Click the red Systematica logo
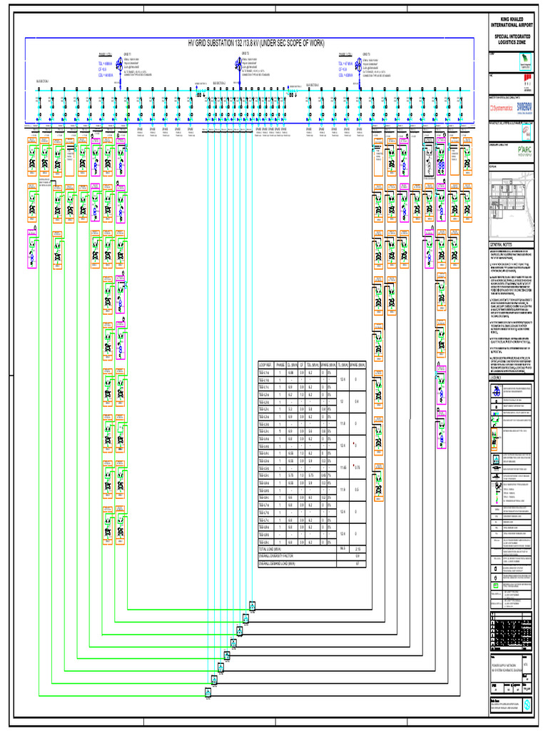pyautogui.click(x=501, y=108)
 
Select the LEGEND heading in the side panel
pyautogui.click(x=499, y=378)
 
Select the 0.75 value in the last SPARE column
pyautogui.click(x=357, y=468)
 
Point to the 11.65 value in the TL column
pyautogui.click(x=343, y=468)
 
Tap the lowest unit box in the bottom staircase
pyautogui.click(x=208, y=692)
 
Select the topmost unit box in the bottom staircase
pyautogui.click(x=252, y=607)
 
